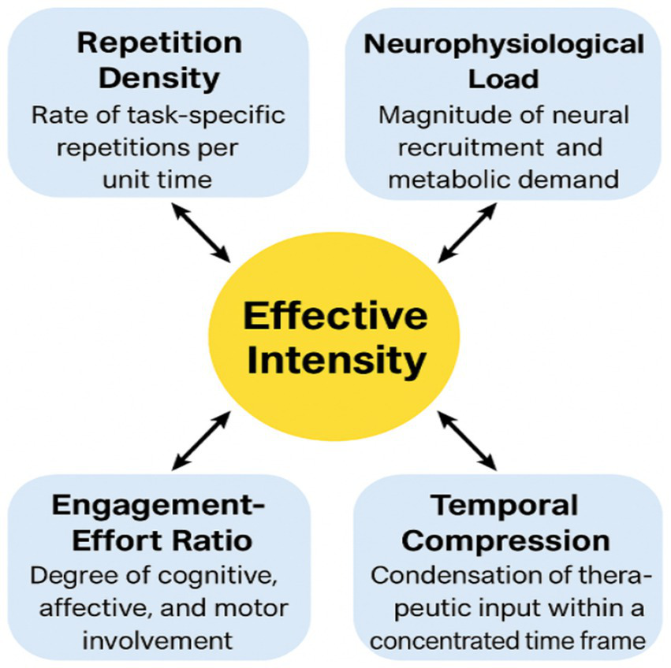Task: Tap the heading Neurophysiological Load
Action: (504, 61)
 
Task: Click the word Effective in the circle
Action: (335, 317)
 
